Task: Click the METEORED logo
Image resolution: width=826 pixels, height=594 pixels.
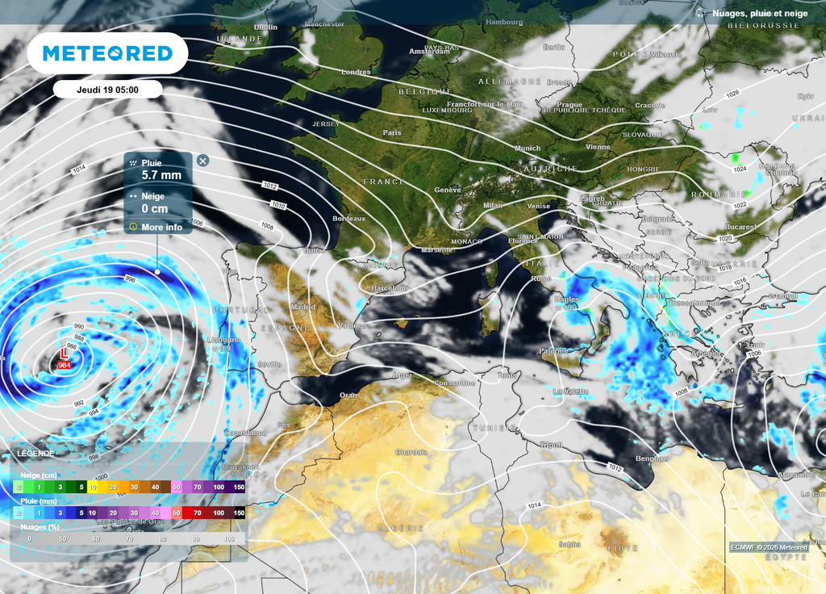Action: pyautogui.click(x=107, y=53)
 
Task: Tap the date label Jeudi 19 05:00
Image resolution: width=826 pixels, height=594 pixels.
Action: pyautogui.click(x=107, y=90)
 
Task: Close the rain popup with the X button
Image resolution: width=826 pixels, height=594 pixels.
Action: pyautogui.click(x=202, y=161)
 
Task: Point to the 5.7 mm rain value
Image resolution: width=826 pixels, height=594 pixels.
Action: pyautogui.click(x=161, y=175)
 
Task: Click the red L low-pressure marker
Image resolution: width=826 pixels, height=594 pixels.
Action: pyautogui.click(x=65, y=353)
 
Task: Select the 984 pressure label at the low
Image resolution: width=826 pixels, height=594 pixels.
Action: pyautogui.click(x=65, y=366)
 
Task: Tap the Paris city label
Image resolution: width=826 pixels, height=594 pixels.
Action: pyautogui.click(x=392, y=132)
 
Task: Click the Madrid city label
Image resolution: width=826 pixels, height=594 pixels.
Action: pyautogui.click(x=303, y=307)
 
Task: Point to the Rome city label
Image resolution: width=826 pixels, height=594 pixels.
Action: pyautogui.click(x=542, y=278)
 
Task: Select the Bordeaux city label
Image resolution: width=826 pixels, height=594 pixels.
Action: pyautogui.click(x=349, y=219)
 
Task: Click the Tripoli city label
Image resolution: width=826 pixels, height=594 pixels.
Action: pyautogui.click(x=551, y=445)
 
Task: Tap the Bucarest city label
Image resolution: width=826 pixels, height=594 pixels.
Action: pyautogui.click(x=741, y=227)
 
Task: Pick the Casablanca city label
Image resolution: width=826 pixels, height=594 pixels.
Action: pyautogui.click(x=246, y=433)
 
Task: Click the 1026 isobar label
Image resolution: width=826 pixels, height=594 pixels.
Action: pyautogui.click(x=732, y=94)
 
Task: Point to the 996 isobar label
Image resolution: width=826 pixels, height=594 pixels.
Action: pyautogui.click(x=130, y=278)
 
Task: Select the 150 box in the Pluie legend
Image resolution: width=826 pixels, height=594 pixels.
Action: pyautogui.click(x=239, y=512)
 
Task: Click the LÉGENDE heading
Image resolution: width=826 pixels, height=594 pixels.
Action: pyautogui.click(x=35, y=454)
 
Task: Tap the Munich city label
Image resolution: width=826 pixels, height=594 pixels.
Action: pyautogui.click(x=528, y=148)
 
